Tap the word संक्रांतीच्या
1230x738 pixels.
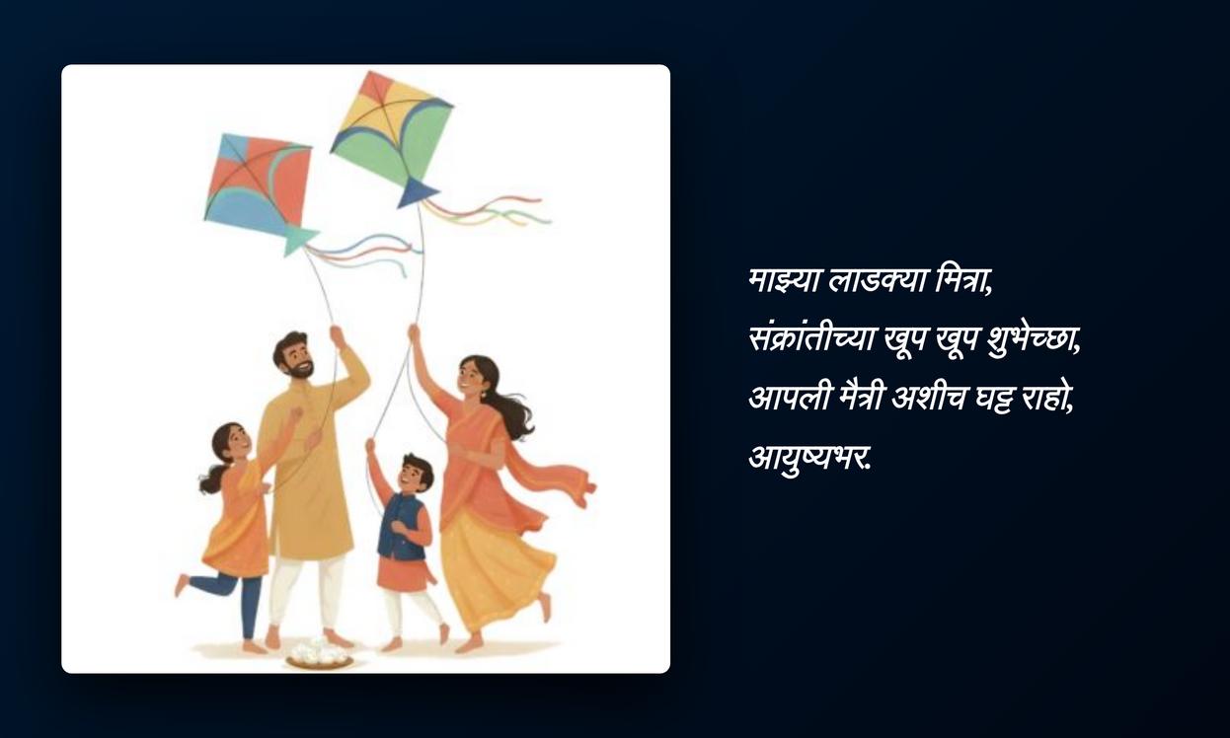811,338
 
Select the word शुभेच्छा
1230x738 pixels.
1034,341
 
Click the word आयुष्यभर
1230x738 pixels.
809,457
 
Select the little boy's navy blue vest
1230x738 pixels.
402,527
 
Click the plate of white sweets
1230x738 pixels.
320,654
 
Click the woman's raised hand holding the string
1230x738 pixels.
414,332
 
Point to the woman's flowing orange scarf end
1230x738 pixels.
571,482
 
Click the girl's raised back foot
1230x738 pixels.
182,585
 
